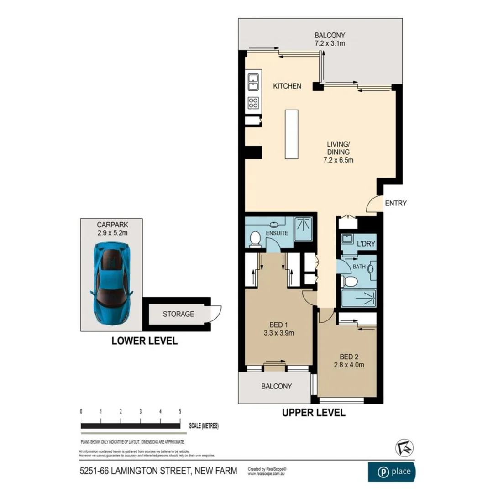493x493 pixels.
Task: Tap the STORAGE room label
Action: click(178, 314)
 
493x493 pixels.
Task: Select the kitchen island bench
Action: click(291, 134)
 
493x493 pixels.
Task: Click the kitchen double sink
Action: click(253, 83)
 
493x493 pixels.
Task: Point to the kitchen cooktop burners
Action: click(253, 103)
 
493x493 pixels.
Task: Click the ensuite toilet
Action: click(255, 239)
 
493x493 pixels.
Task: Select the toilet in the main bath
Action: click(351, 281)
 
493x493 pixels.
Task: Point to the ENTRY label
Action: click(395, 203)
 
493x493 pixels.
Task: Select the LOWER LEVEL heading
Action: click(144, 341)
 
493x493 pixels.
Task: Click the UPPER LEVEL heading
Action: click(313, 413)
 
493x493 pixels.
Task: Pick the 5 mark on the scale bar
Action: click(181, 411)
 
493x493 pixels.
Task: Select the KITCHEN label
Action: click(287, 86)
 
